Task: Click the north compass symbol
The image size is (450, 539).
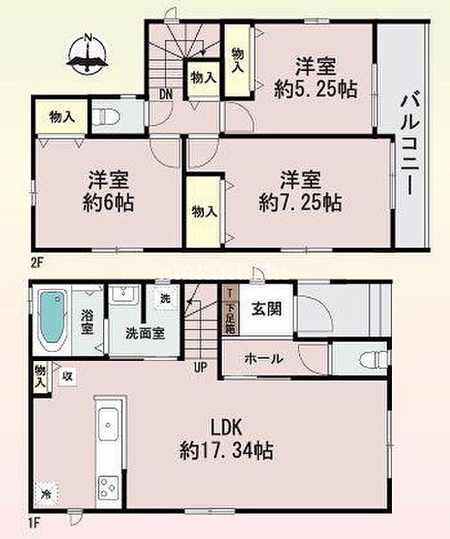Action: (88, 54)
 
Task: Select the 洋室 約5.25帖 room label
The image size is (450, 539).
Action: (315, 78)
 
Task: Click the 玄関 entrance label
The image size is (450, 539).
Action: (266, 308)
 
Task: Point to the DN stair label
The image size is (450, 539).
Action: (166, 94)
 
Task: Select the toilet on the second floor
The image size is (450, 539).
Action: (107, 115)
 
